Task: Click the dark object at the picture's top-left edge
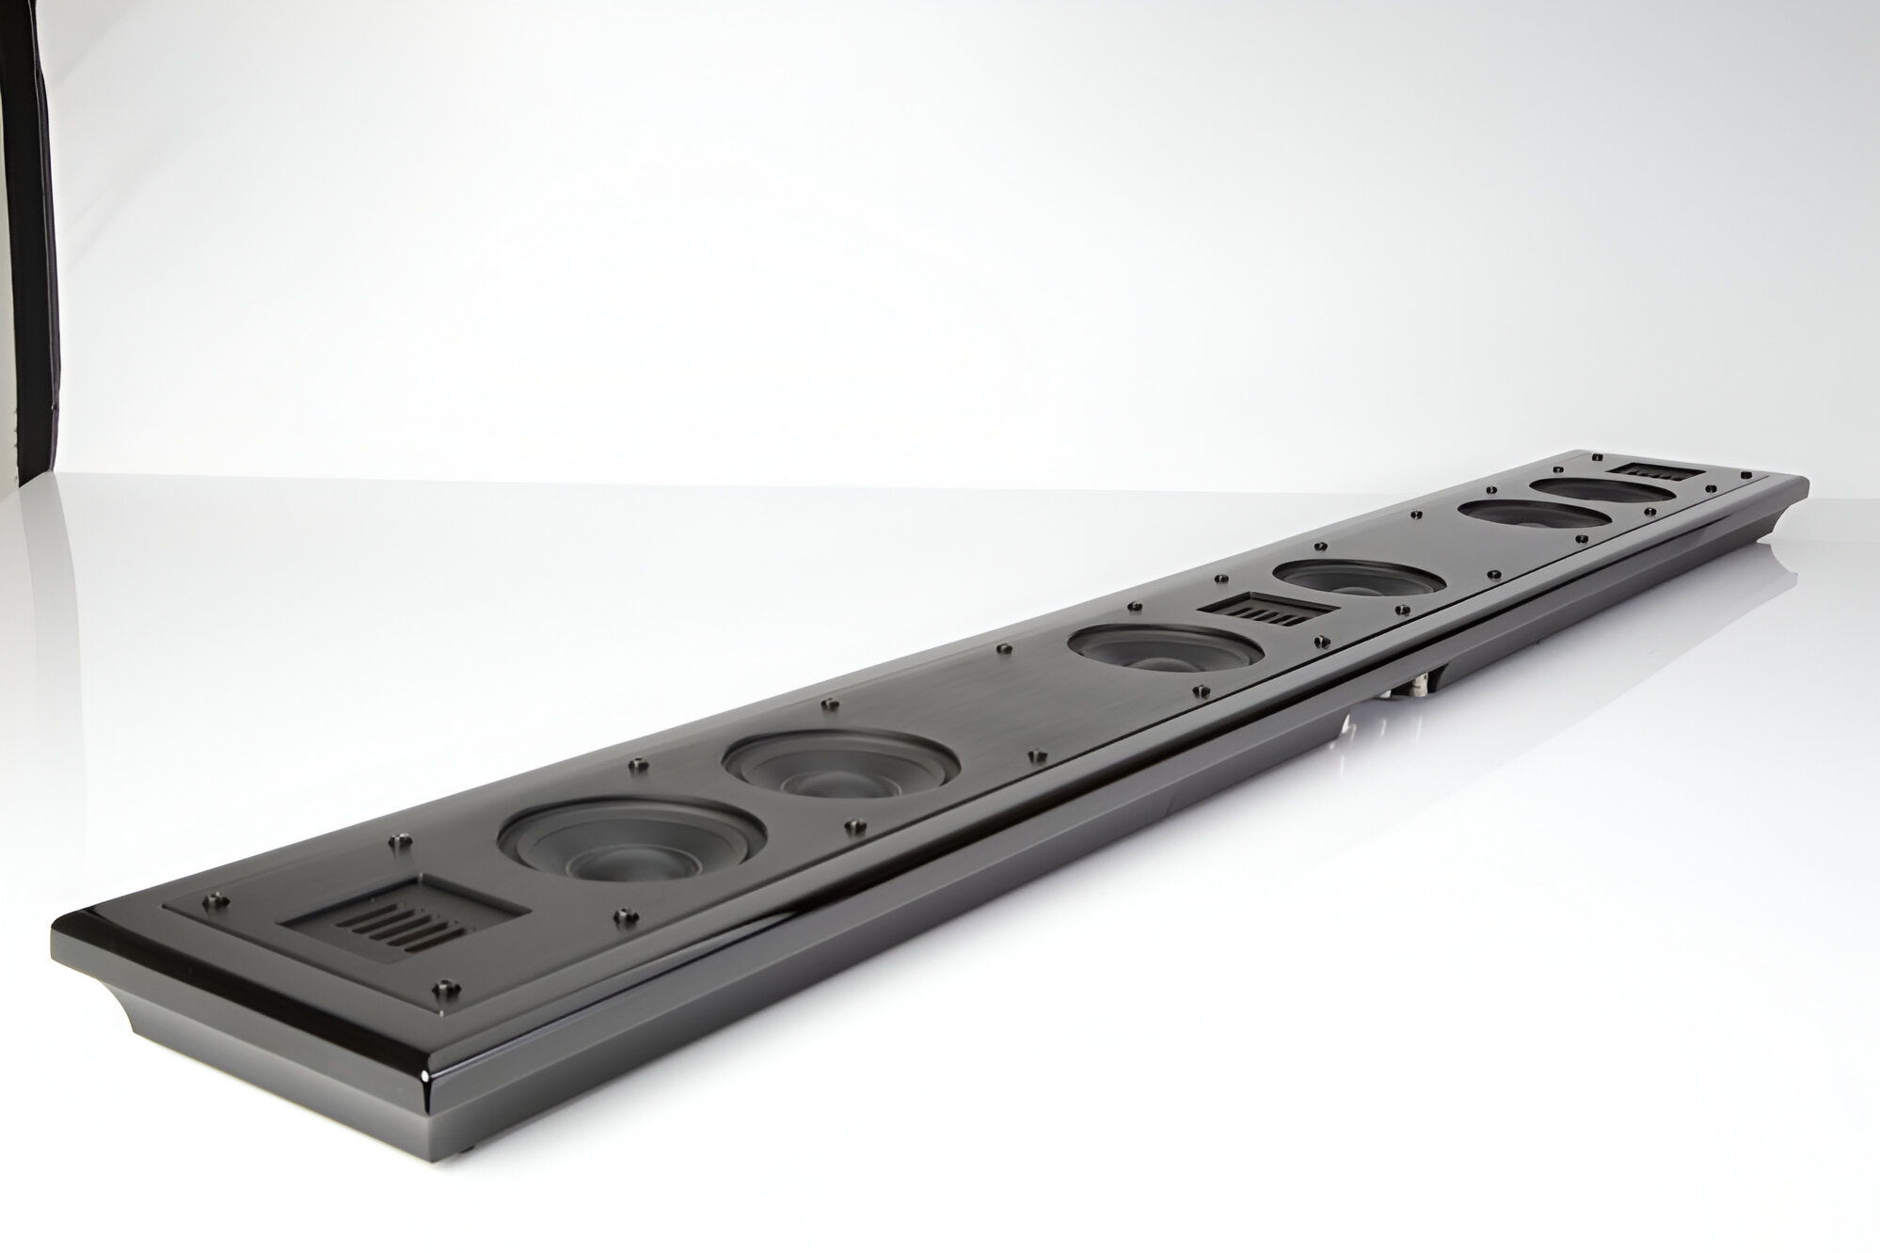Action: pyautogui.click(x=26, y=235)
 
